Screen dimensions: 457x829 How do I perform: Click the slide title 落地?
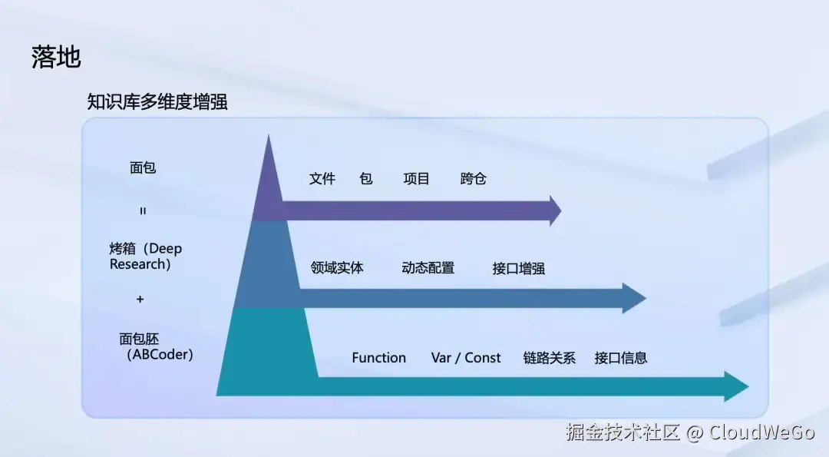coord(56,58)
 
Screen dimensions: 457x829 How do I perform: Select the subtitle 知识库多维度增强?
coord(157,102)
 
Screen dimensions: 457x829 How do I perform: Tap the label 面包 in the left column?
coord(143,167)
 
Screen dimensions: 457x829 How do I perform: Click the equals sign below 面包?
coord(143,210)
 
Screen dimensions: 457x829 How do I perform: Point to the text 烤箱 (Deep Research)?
coord(146,257)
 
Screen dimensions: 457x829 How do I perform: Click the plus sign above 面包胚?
coord(140,300)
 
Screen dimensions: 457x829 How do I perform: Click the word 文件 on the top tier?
coord(322,179)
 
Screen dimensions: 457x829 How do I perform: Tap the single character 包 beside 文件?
coord(366,179)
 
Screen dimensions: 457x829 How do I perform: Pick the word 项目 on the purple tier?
coord(417,179)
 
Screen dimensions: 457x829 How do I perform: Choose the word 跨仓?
coord(474,179)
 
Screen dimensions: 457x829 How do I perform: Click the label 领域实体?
coord(337,268)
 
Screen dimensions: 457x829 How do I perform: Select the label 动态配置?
coord(428,268)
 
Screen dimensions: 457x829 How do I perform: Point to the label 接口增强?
coord(519,269)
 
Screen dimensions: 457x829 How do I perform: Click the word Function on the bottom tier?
coord(378,358)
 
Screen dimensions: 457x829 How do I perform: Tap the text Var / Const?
coord(465,358)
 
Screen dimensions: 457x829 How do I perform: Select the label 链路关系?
coord(550,358)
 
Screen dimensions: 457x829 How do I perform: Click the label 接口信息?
coord(621,358)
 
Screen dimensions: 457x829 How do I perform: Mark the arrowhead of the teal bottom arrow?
coord(735,386)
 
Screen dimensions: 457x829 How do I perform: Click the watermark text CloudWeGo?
coord(761,432)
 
